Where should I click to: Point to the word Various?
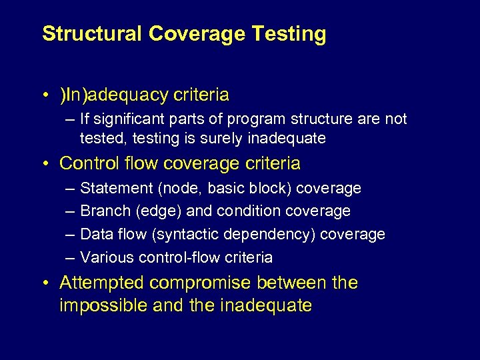pyautogui.click(x=103, y=257)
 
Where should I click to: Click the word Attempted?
pyautogui.click(x=102, y=283)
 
